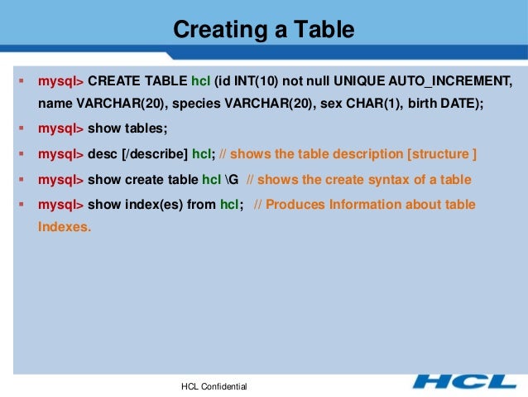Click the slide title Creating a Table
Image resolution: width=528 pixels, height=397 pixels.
click(263, 31)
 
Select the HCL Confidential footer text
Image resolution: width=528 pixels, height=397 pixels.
click(214, 387)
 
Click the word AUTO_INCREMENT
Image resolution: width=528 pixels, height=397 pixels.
click(454, 81)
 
